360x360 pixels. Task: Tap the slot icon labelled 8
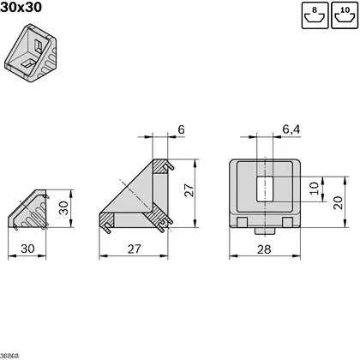click(315, 15)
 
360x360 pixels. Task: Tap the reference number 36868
click(10, 355)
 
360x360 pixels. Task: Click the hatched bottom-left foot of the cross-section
click(107, 225)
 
